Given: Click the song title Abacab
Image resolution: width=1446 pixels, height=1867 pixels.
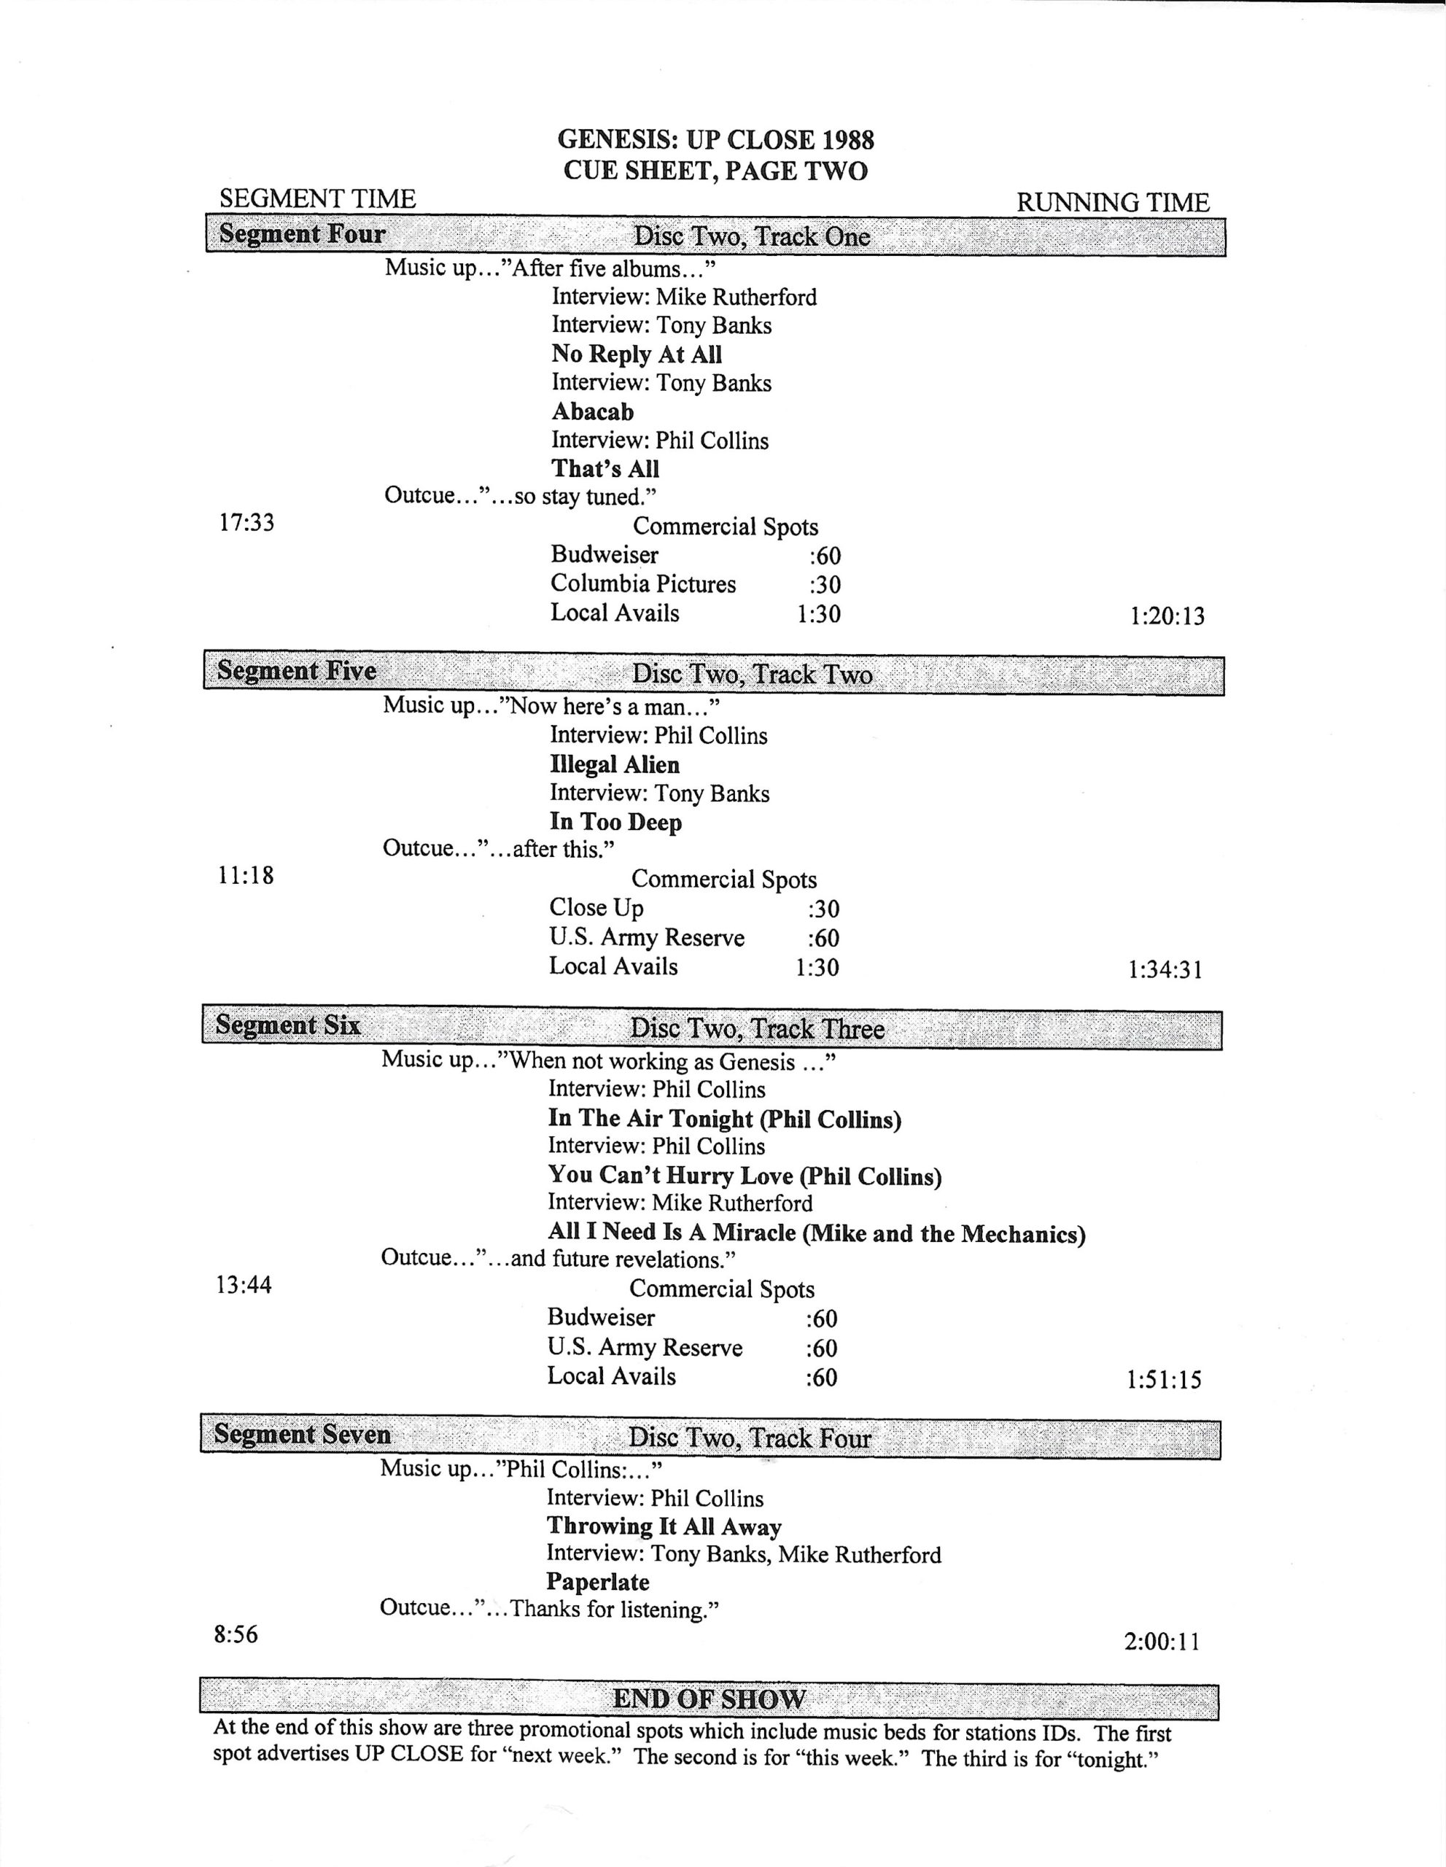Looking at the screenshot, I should coord(592,411).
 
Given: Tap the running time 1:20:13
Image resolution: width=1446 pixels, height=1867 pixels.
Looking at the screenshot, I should coord(1167,616).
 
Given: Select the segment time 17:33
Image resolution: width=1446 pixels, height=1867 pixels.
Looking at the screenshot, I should coord(247,522).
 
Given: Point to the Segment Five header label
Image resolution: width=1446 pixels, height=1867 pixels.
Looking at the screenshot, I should coord(296,670).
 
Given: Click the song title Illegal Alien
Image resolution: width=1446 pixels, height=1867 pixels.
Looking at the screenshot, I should coord(615,764).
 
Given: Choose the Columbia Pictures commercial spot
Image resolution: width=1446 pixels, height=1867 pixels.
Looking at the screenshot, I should coord(642,584).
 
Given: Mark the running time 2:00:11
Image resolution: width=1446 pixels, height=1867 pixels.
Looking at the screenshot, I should coord(1162,1642).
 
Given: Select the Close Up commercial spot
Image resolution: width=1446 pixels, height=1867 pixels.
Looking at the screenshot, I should coord(596,907).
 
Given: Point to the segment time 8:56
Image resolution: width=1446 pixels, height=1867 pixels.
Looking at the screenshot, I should coord(236,1634).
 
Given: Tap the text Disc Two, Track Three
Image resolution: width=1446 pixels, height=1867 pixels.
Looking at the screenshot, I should coord(756,1028).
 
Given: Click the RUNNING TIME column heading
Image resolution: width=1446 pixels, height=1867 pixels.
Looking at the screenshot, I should coord(1113,203).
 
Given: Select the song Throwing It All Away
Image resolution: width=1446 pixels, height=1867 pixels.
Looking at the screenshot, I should coord(664,1526).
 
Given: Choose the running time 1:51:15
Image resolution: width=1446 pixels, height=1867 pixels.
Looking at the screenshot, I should coord(1164,1380).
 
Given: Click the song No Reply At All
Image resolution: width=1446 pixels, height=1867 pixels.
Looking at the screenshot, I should coord(637,354).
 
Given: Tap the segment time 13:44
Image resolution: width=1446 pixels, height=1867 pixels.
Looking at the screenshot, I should coord(244,1285).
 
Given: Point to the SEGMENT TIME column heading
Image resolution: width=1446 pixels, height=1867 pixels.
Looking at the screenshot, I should coord(317,198).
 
